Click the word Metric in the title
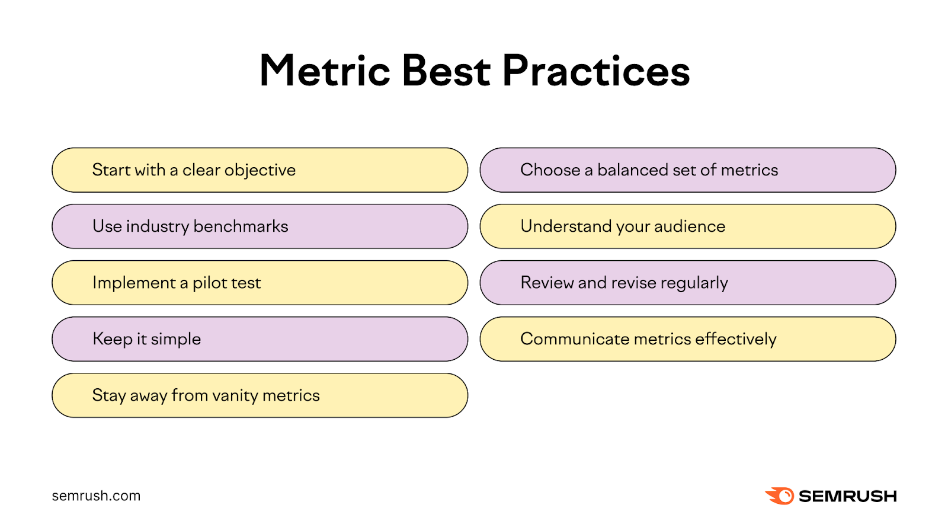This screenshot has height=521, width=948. click(x=325, y=72)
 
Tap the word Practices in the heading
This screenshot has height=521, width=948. click(x=596, y=72)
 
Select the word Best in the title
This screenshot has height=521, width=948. click(x=446, y=72)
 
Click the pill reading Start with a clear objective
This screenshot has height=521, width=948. click(x=260, y=170)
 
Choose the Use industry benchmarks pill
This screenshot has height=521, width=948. click(x=260, y=226)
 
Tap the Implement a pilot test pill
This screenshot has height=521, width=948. click(x=260, y=283)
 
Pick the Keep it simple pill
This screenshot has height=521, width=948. click(x=260, y=339)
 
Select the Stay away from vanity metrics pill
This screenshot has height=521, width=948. click(x=260, y=395)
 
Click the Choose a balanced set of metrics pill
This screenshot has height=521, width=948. click(x=687, y=170)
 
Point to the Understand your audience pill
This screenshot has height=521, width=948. click(x=687, y=226)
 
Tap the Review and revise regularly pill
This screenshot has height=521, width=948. click(x=687, y=283)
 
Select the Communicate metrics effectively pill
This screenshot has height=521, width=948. click(x=687, y=339)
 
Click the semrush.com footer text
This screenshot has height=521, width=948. click(x=96, y=496)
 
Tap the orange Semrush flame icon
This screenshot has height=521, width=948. click(x=780, y=496)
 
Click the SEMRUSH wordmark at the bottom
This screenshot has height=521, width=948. click(x=847, y=496)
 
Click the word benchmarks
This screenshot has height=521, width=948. click(x=241, y=226)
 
